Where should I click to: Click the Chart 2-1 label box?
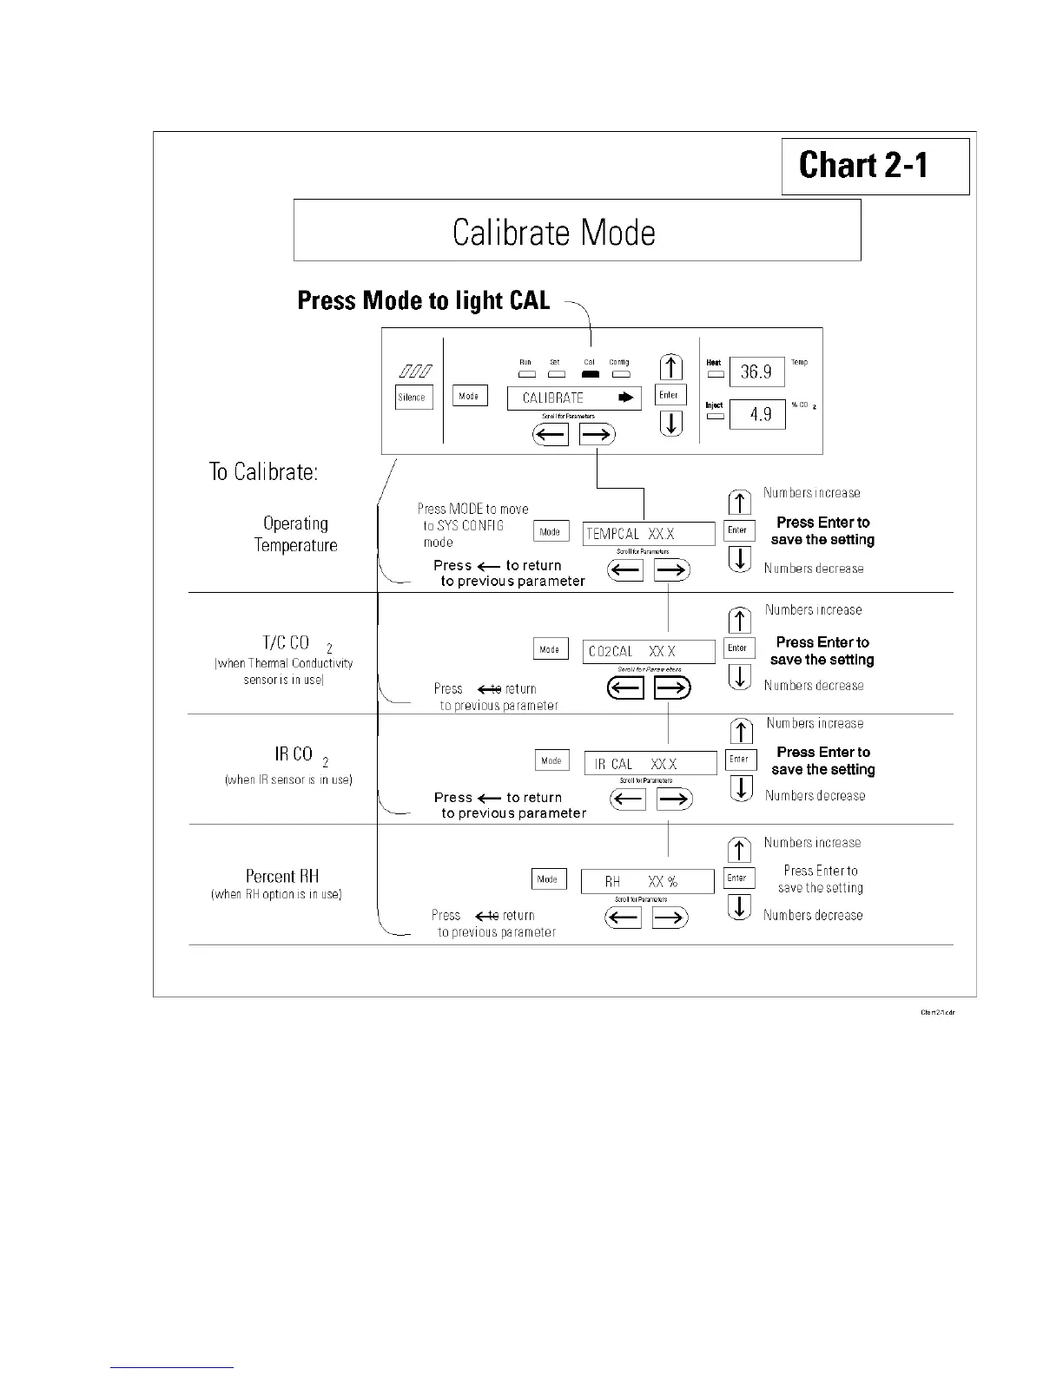point(875,166)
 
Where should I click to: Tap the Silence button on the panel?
point(413,398)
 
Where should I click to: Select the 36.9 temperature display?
point(756,372)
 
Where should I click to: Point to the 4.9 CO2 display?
point(757,414)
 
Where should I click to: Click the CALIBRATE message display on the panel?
point(574,398)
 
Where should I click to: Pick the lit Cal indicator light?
point(590,374)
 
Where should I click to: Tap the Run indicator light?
point(526,374)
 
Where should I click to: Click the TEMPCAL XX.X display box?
point(648,533)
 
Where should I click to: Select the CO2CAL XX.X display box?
point(649,651)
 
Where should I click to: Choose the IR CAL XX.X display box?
point(650,763)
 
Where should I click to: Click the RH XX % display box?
point(647,881)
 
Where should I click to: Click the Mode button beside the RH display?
point(548,878)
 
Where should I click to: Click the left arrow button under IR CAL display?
point(628,799)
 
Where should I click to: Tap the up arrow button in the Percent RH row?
point(739,850)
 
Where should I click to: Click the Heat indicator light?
point(716,374)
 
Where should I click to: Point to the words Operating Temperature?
point(295,534)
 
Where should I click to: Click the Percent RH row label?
point(281,877)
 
